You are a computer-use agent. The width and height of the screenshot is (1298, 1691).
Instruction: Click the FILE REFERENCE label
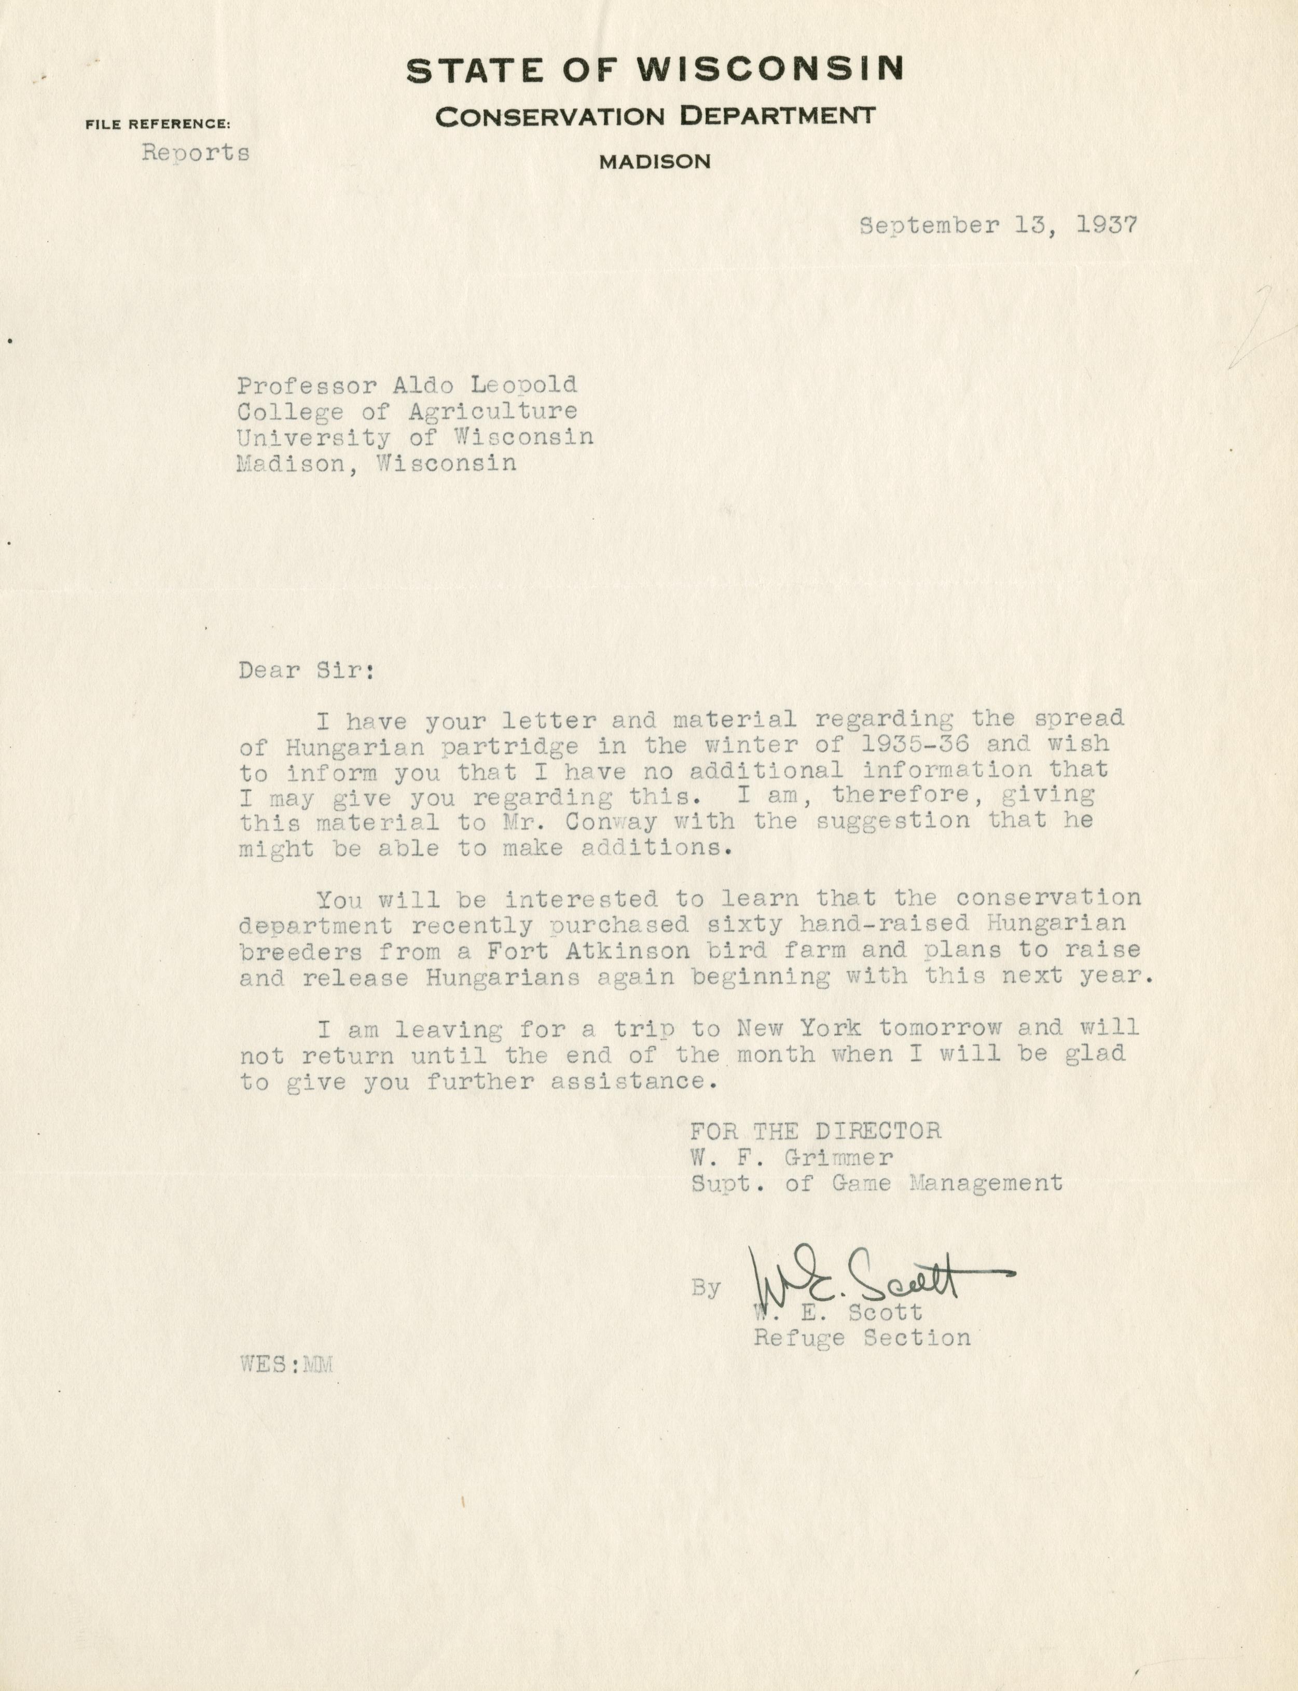[x=158, y=123]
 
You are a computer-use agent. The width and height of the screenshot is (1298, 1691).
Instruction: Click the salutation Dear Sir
[x=306, y=670]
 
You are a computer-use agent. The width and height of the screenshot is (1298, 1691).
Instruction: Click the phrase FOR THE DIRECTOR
[x=815, y=1132]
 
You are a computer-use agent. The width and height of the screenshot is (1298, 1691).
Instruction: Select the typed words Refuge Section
[x=862, y=1338]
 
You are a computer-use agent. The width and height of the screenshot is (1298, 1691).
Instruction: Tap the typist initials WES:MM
[x=286, y=1364]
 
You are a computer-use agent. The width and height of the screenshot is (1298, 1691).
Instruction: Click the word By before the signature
[x=706, y=1287]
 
